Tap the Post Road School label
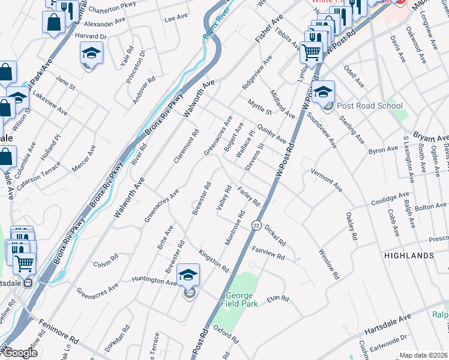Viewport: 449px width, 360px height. [369, 106]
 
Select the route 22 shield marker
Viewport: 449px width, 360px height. [256, 226]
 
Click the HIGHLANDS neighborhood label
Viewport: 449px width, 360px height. [409, 256]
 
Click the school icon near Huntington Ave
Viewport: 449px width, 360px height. [188, 275]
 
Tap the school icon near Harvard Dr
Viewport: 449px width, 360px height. [92, 55]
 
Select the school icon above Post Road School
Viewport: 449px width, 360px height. [322, 92]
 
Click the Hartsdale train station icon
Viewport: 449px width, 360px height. [28, 285]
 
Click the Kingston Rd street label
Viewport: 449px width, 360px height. [214, 260]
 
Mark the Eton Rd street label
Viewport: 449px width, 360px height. [278, 298]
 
